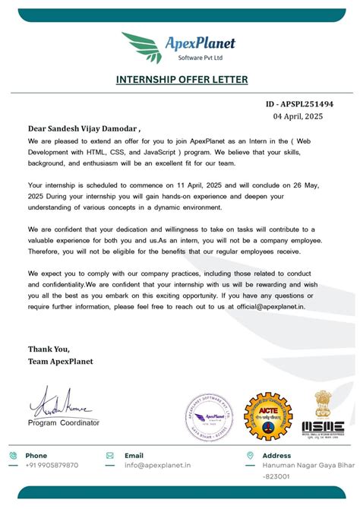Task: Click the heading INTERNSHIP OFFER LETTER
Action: click(x=182, y=79)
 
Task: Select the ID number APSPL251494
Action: click(x=299, y=104)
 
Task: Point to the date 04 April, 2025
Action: click(x=303, y=117)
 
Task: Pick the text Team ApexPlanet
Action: click(x=61, y=361)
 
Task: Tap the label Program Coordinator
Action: click(x=63, y=422)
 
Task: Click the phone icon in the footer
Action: click(x=14, y=455)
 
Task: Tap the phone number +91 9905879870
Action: click(x=52, y=465)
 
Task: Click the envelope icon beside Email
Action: click(x=111, y=455)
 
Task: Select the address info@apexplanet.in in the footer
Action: click(x=158, y=465)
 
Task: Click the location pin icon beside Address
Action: click(x=247, y=455)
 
